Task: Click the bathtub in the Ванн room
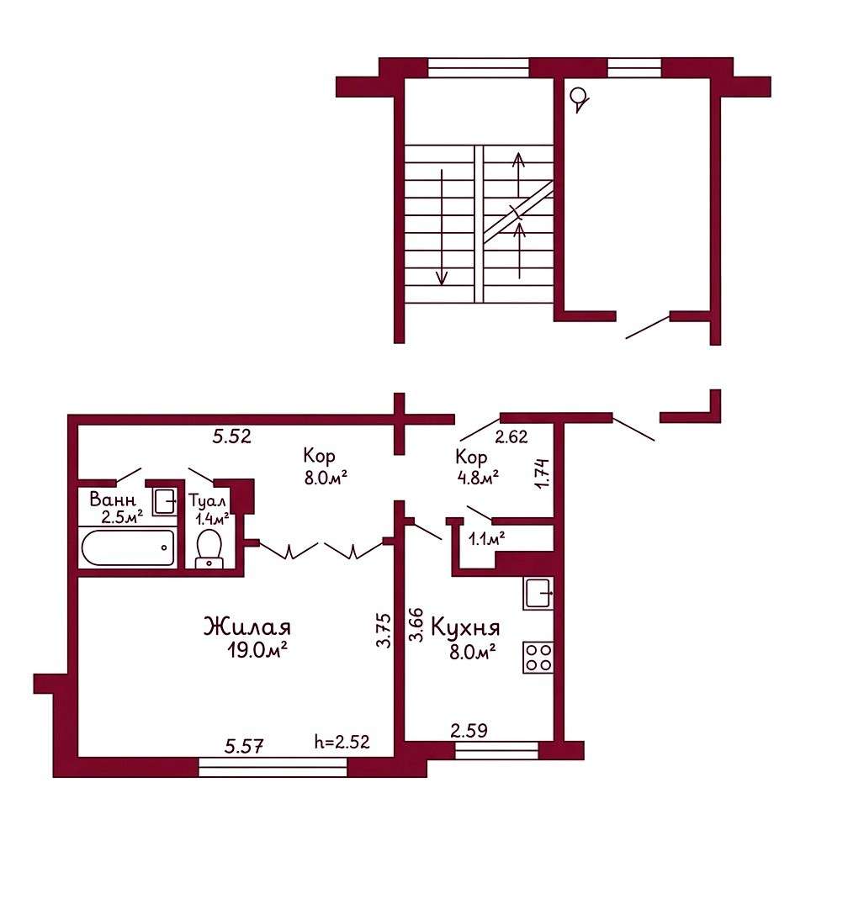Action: coord(127,547)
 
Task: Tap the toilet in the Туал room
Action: coord(209,548)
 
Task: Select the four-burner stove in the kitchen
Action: coord(538,657)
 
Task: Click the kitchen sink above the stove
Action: coord(538,593)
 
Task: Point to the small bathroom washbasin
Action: coord(165,502)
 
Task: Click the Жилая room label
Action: coord(247,627)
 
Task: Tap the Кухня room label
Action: coord(465,628)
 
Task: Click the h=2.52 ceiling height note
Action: coord(342,742)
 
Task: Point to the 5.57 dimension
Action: coord(244,746)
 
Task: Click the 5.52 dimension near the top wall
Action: coord(231,436)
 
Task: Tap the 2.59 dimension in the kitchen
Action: coord(469,731)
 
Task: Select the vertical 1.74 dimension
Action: coord(543,473)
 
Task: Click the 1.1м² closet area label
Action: coord(487,538)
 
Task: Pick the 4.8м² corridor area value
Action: coord(477,477)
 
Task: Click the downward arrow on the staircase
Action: coord(442,227)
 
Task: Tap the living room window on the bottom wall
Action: coord(273,767)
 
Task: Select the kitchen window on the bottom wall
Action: coord(496,750)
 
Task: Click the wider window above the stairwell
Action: coord(478,67)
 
